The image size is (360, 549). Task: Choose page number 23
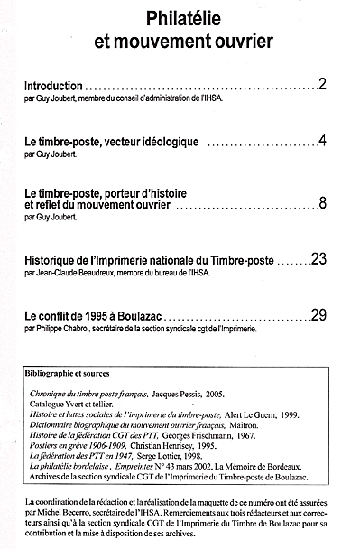coord(318,259)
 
